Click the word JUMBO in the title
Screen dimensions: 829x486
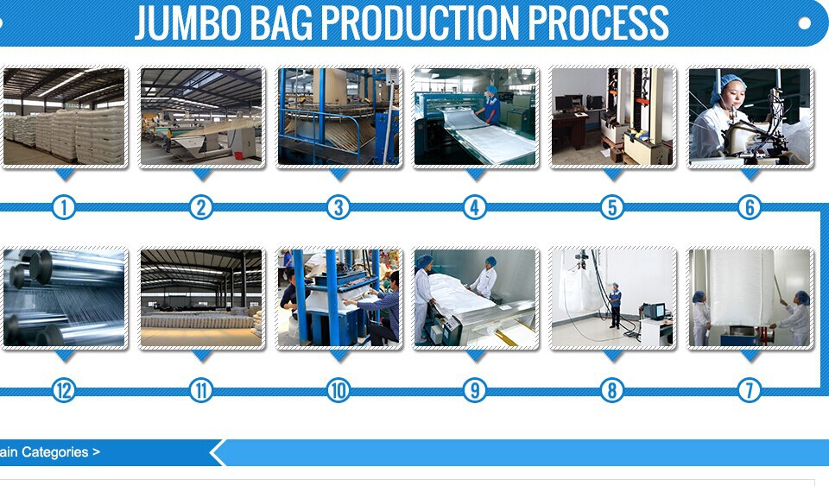tap(188, 22)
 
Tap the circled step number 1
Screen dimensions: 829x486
tap(64, 207)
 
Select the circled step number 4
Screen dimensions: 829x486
tap(475, 207)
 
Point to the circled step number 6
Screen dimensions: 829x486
tap(750, 207)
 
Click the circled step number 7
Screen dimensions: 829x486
tap(750, 390)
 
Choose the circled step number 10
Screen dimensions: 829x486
tap(339, 390)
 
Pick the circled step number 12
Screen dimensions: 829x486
tap(64, 390)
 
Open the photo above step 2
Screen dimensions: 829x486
tap(201, 117)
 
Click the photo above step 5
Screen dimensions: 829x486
tap(613, 117)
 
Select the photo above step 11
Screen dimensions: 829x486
tap(201, 298)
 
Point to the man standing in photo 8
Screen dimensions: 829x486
tap(615, 306)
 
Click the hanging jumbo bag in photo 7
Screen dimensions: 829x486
tap(741, 288)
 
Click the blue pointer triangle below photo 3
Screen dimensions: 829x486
tap(339, 174)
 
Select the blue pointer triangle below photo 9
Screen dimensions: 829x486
tap(475, 356)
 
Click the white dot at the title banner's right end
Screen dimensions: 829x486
tap(804, 23)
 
